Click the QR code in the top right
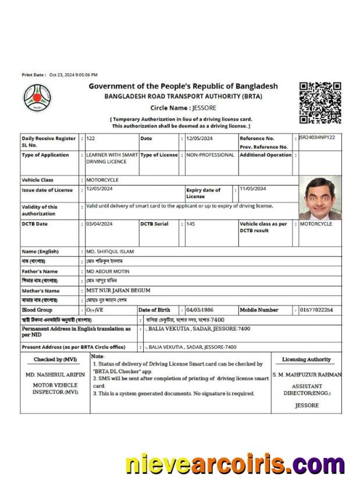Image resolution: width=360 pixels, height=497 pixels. (320, 103)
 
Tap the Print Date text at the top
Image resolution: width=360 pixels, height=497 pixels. (59, 75)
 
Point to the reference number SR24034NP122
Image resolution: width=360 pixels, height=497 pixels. (320, 138)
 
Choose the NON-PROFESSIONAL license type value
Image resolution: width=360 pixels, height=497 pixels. (210, 155)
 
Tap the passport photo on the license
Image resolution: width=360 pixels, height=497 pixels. (320, 198)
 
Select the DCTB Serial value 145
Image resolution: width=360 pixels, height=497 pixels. (190, 224)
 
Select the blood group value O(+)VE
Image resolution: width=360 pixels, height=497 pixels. (95, 310)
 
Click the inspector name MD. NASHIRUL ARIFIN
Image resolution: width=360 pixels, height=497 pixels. (55, 375)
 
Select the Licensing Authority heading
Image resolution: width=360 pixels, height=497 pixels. (306, 360)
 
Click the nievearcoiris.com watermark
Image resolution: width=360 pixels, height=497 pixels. (236, 464)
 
